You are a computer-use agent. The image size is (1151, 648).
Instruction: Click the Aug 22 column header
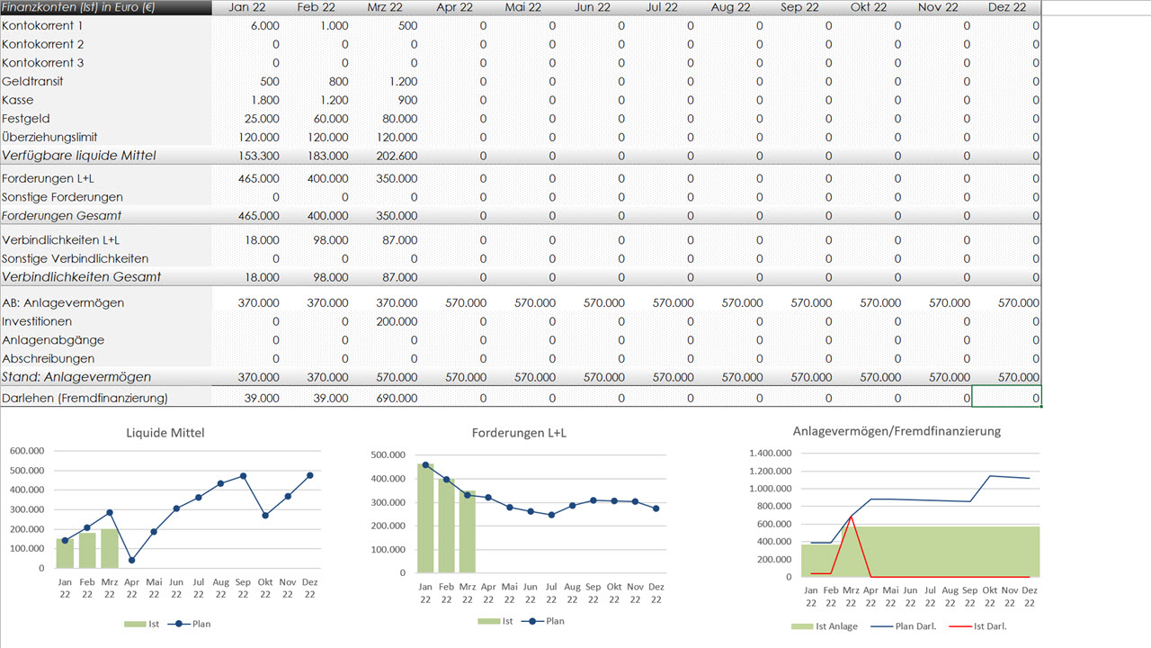[x=730, y=7]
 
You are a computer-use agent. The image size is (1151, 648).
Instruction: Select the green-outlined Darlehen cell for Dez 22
[x=1006, y=398]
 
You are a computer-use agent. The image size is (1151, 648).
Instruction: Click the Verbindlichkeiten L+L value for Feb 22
[x=330, y=240]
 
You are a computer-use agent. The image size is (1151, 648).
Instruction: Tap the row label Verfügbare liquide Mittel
[x=79, y=156]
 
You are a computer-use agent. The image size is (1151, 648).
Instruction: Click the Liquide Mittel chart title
[x=165, y=433]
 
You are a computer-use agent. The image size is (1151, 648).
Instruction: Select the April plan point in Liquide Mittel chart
[x=132, y=560]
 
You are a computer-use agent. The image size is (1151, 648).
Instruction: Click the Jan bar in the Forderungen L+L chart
[x=424, y=517]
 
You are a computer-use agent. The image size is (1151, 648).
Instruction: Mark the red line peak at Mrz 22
[x=851, y=517]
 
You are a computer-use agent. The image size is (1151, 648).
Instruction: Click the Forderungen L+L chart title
[x=519, y=433]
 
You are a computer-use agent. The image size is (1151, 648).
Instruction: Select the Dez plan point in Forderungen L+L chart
[x=656, y=508]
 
